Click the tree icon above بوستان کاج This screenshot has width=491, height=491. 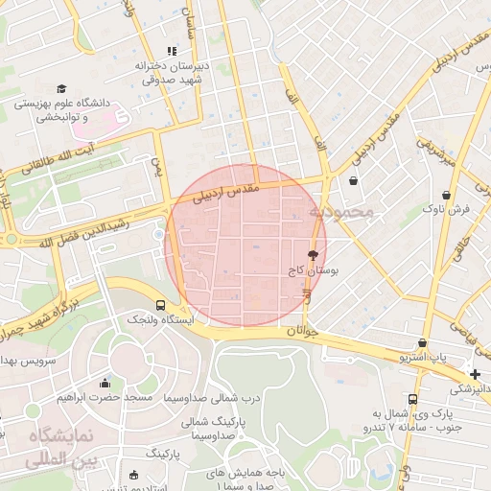pos(312,256)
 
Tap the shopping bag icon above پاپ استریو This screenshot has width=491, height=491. pos(422,343)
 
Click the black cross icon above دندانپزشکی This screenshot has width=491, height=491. pos(475,373)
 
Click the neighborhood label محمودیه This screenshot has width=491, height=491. pos(339,212)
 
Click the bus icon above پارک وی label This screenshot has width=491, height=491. pos(412,399)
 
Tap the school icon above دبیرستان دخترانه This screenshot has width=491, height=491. pos(172,51)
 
